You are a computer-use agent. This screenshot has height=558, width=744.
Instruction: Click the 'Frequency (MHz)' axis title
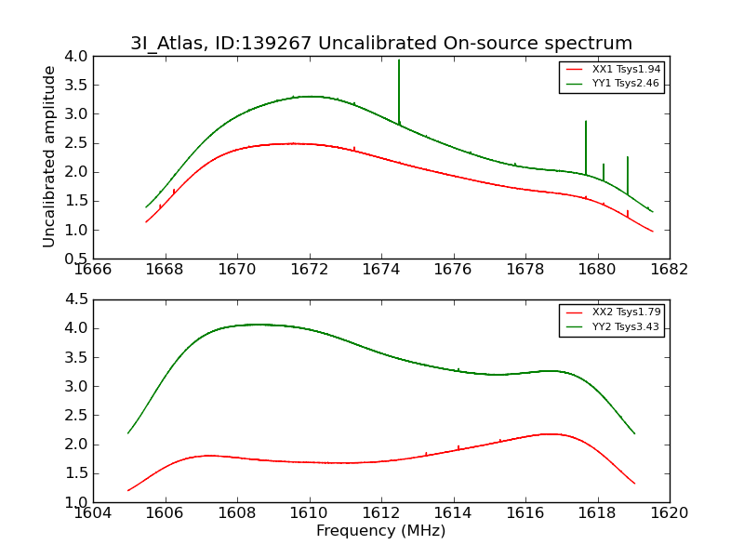(x=380, y=531)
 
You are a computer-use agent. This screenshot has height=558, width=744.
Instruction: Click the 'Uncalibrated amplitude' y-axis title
(x=49, y=156)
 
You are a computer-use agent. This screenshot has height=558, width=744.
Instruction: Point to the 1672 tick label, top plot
(x=309, y=271)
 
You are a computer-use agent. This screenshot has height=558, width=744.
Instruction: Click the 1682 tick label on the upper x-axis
(x=669, y=271)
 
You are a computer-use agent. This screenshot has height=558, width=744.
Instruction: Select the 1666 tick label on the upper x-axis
(x=93, y=271)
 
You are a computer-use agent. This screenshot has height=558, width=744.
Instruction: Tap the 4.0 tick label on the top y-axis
(x=77, y=57)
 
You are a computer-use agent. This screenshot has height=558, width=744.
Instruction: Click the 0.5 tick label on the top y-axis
(x=77, y=259)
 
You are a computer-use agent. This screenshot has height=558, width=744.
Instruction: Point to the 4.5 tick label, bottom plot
(x=77, y=299)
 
